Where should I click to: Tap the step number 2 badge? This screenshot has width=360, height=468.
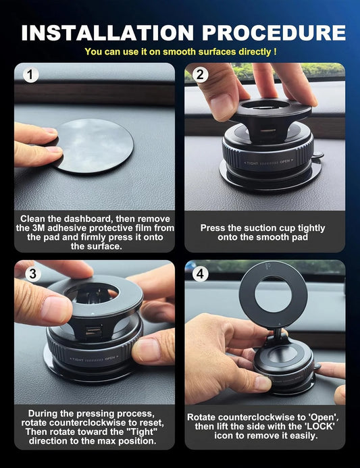(x=200, y=76)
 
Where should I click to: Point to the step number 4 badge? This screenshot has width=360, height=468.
(x=200, y=274)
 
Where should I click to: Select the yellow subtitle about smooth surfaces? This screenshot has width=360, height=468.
(x=180, y=51)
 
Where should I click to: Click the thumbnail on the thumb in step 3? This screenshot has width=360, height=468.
(x=57, y=311)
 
